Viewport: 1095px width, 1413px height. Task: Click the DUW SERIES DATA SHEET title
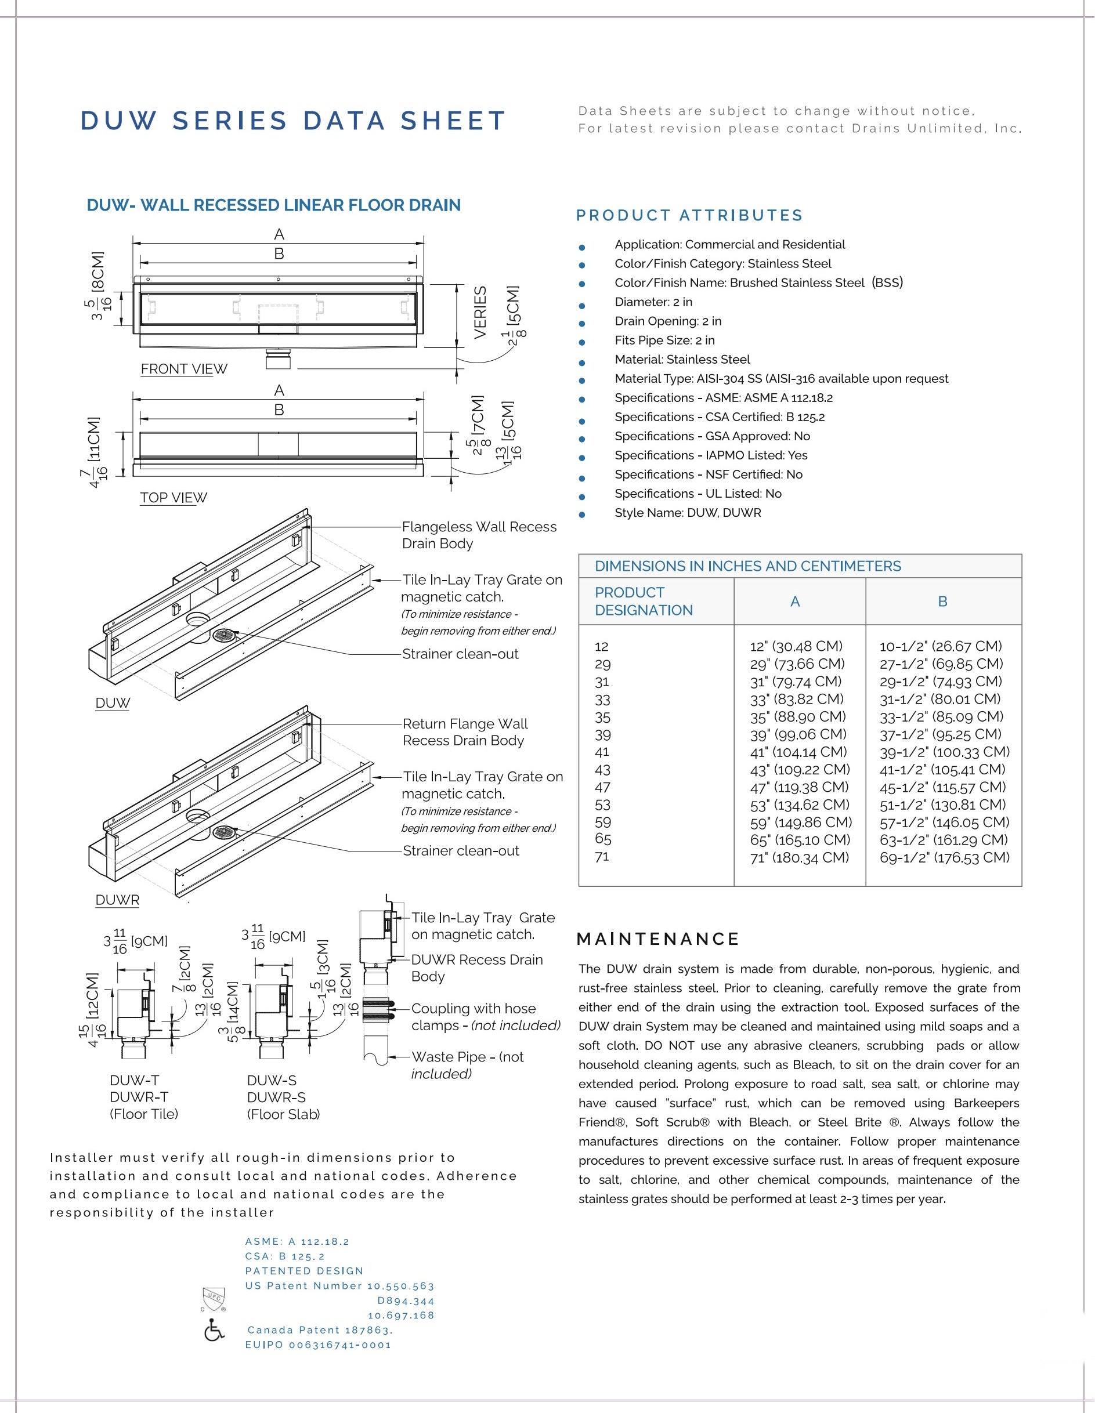pos(292,121)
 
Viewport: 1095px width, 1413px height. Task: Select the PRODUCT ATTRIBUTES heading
pos(689,215)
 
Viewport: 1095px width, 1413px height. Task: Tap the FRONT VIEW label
pos(184,369)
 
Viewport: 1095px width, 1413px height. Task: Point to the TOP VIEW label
pos(174,498)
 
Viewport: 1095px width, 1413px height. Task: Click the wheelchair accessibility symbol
pos(214,1330)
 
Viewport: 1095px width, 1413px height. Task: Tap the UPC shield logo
pos(214,1297)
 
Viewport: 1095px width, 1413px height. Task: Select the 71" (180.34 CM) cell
pos(799,857)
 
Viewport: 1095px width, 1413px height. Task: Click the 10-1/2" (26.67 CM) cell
pos(940,646)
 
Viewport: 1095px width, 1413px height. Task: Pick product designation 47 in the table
pos(602,787)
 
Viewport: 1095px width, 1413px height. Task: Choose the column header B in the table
pos(943,601)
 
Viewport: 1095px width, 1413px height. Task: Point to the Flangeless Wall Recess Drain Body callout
pos(479,535)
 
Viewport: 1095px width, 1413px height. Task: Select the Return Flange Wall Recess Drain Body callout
pos(465,732)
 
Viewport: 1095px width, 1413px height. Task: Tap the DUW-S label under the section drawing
pos(272,1080)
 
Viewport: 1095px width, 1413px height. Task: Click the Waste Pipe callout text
pos(467,1065)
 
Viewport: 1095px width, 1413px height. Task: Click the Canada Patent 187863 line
pos(320,1330)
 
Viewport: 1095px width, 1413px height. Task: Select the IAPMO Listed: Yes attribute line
pos(711,455)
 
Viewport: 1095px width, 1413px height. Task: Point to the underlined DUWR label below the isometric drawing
pos(117,900)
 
